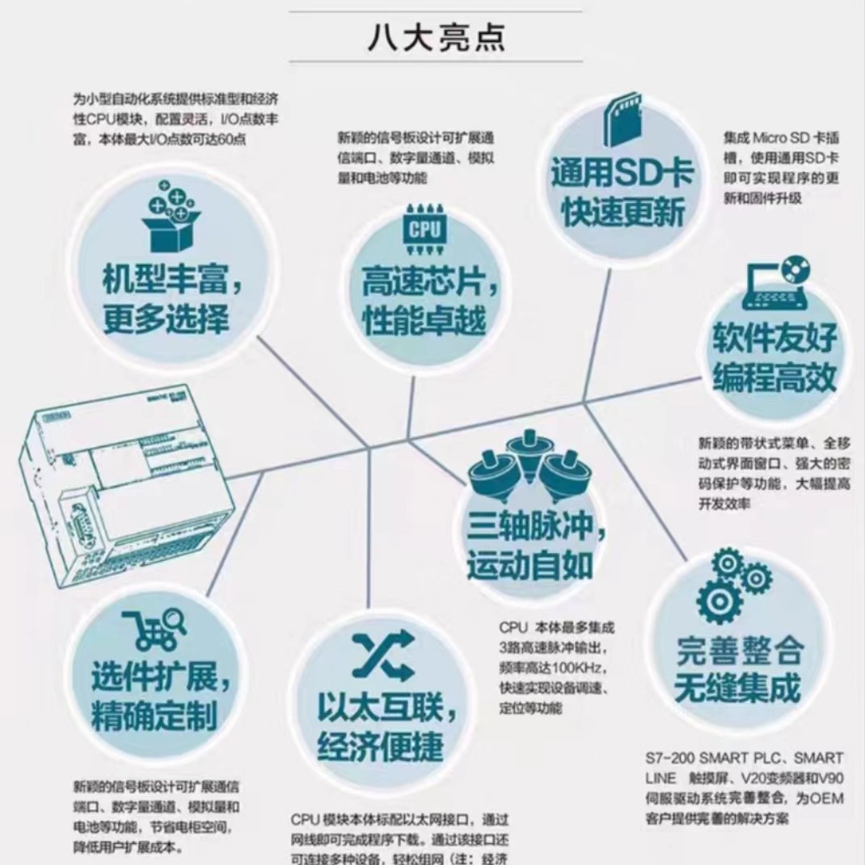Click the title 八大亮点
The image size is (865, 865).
436,36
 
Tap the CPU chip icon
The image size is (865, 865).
424,230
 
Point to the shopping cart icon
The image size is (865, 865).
153,630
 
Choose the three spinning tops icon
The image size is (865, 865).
530,466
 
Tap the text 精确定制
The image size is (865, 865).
153,716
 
